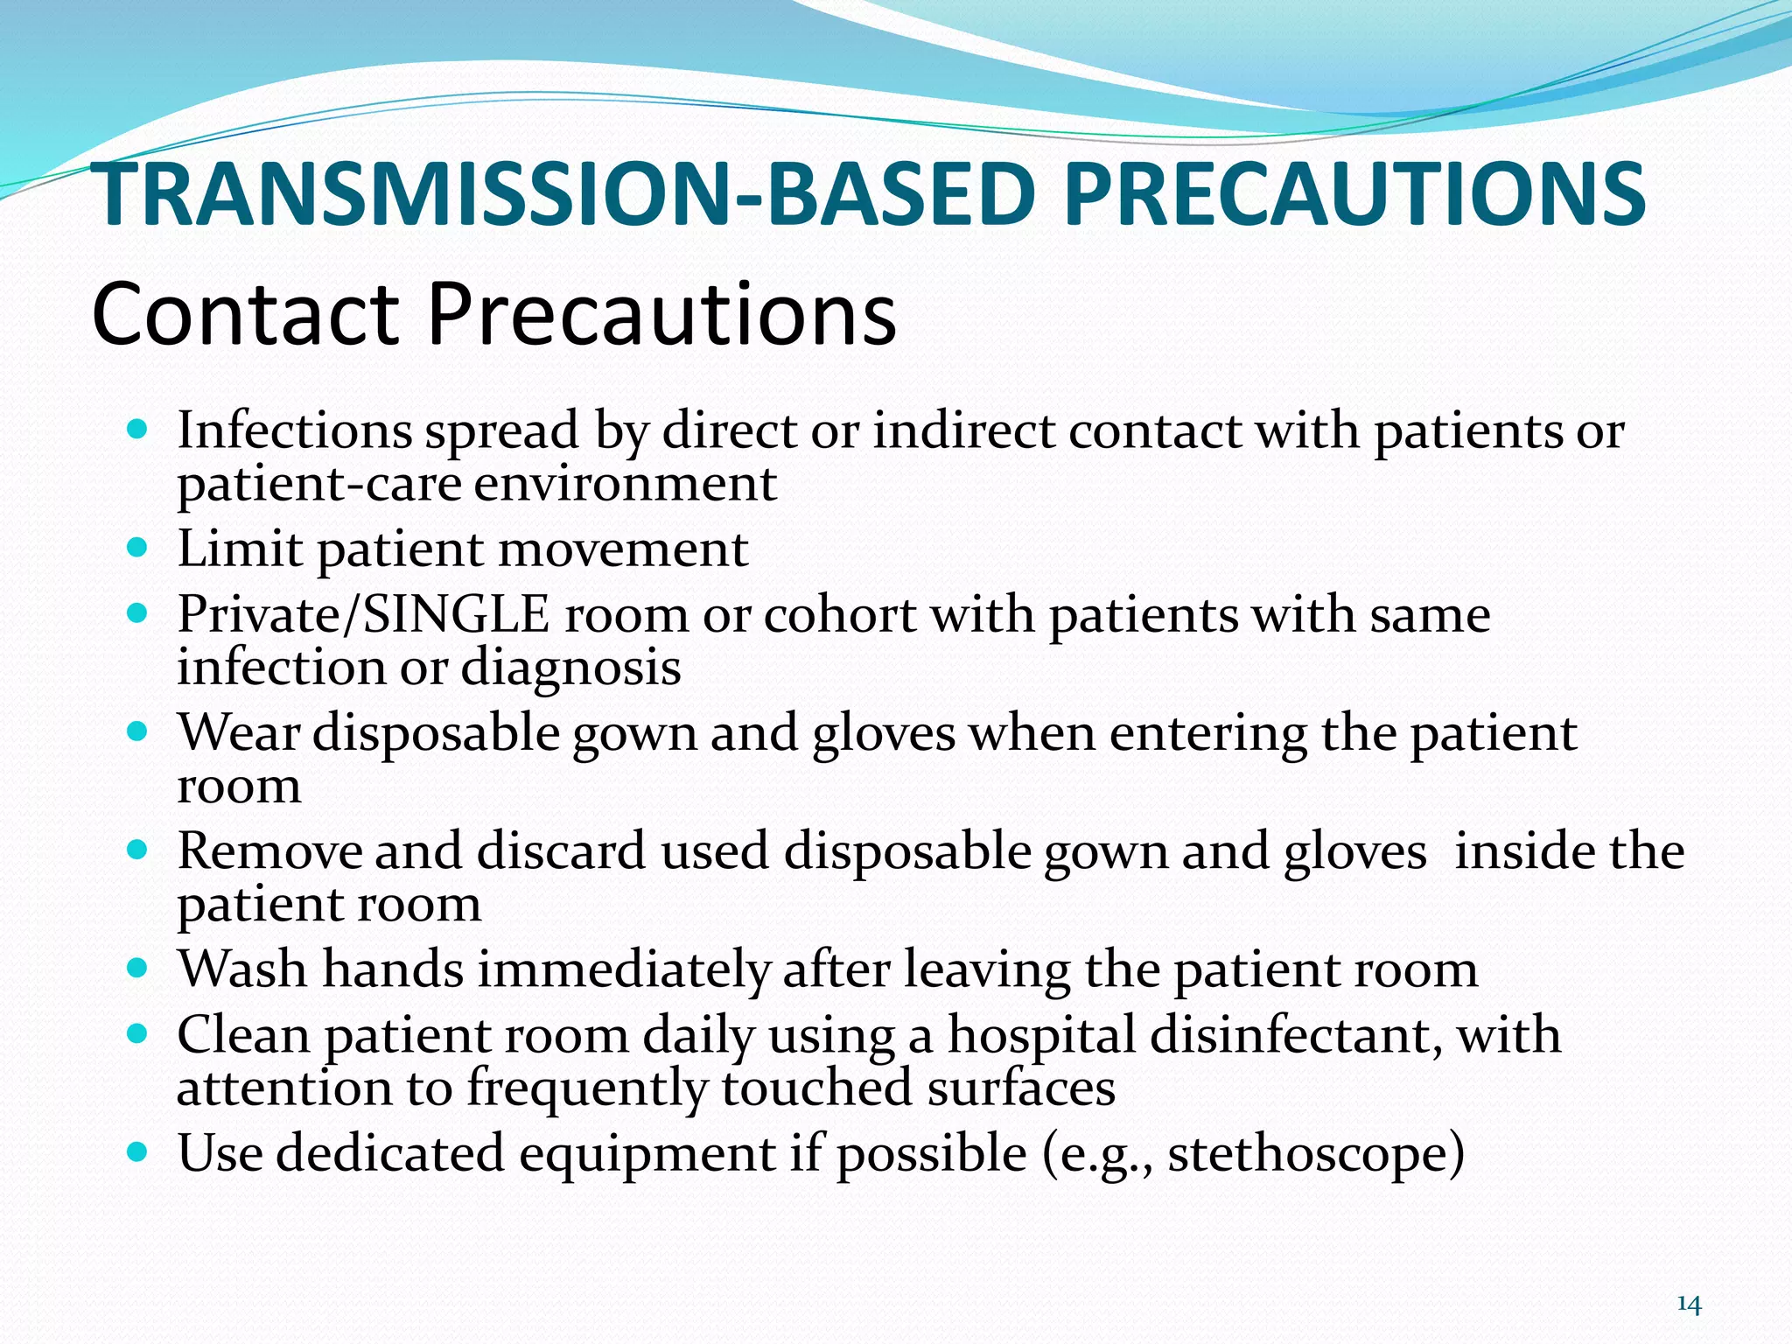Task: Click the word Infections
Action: [295, 430]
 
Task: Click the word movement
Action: [623, 549]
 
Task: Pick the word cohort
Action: [839, 614]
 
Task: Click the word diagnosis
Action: [570, 667]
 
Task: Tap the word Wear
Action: [239, 732]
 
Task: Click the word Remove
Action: [269, 850]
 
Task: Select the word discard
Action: [561, 850]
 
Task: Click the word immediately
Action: [623, 969]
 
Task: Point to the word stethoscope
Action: [1308, 1153]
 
